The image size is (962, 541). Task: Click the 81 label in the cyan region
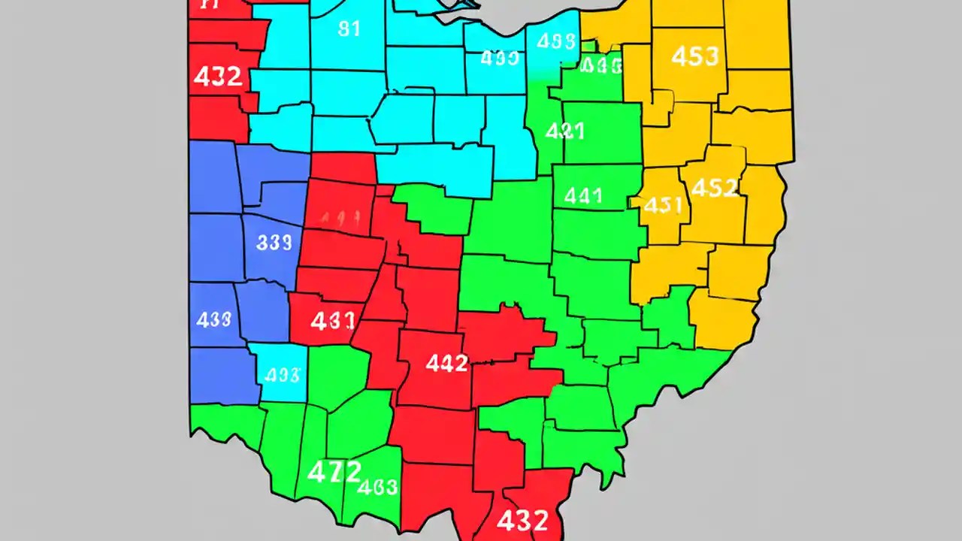tap(349, 29)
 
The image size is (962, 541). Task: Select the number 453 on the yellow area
tap(694, 56)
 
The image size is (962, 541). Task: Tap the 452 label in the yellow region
tap(713, 187)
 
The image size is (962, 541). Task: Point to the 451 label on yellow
tap(663, 205)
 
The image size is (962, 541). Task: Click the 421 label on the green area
tap(564, 131)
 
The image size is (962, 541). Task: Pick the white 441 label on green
tap(582, 196)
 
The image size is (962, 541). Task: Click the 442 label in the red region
tap(446, 364)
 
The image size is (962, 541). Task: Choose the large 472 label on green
tap(334, 472)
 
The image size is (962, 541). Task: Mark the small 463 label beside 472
tap(377, 487)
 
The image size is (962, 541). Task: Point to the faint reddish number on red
tap(339, 219)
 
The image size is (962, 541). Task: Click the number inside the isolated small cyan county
tap(283, 374)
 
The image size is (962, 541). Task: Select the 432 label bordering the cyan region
tap(217, 77)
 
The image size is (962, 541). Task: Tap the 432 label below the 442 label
tap(521, 519)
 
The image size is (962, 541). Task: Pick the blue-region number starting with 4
tap(213, 319)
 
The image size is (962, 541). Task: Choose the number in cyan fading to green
tap(556, 42)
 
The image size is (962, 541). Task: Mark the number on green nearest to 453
tap(601, 66)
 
